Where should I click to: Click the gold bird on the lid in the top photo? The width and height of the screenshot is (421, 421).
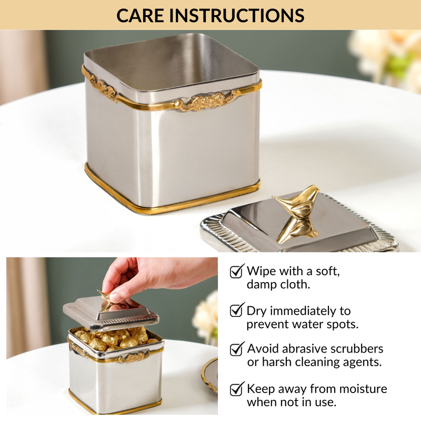tap(297, 210)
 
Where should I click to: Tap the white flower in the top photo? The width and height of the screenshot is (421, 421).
tap(387, 55)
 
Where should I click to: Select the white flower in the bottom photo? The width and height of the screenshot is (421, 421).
tap(206, 316)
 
